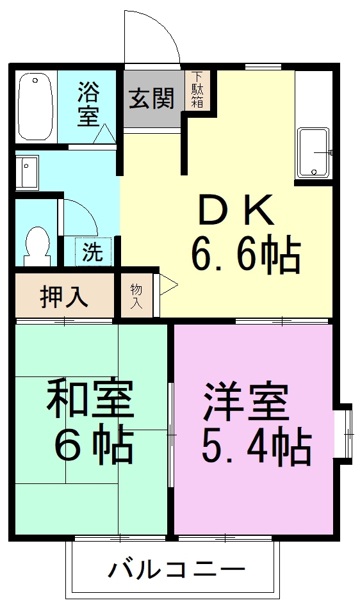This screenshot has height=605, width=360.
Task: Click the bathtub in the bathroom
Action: (x=35, y=107)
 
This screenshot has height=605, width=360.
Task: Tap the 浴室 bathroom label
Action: (x=88, y=104)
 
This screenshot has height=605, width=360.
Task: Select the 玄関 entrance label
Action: (x=152, y=99)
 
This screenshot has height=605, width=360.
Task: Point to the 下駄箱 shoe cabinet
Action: (x=197, y=90)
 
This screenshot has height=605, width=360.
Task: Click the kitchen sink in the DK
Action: (x=313, y=153)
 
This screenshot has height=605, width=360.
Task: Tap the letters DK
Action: (x=236, y=210)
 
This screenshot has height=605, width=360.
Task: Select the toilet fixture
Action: (x=37, y=246)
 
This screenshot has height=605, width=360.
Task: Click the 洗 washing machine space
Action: (x=93, y=252)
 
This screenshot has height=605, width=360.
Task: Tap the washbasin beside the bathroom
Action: (x=27, y=172)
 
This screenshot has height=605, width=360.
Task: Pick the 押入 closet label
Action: (x=63, y=297)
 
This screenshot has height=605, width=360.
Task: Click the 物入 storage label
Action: (x=136, y=296)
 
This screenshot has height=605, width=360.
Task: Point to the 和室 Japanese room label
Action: (x=90, y=399)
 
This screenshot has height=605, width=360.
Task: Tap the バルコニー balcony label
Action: (x=176, y=569)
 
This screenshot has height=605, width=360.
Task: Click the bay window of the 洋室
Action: (x=343, y=433)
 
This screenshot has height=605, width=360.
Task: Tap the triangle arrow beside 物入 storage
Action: (x=168, y=285)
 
